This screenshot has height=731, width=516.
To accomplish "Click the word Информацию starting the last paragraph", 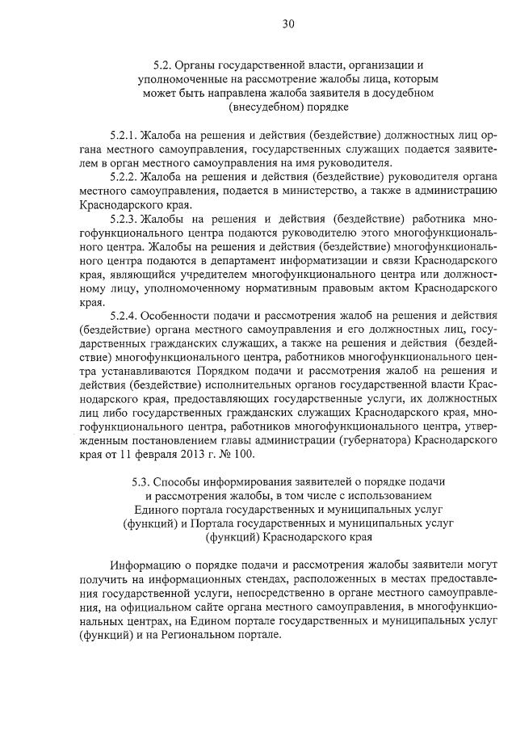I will pos(146,565).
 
